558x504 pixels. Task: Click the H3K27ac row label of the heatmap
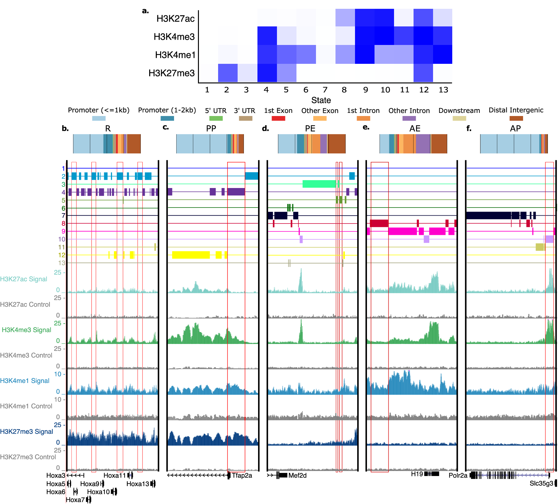coord(175,19)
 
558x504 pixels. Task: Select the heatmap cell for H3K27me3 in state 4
coord(267,73)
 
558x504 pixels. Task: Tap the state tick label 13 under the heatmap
coord(443,90)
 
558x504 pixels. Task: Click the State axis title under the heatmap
coord(321,100)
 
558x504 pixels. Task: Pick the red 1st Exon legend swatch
coord(278,119)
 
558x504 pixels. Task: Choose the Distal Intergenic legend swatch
coord(516,119)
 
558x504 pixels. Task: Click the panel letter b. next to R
coord(65,129)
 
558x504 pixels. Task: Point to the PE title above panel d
coord(310,129)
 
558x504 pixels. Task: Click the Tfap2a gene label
coord(242,475)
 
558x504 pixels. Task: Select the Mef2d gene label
coord(297,475)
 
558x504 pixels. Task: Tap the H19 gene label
coord(417,474)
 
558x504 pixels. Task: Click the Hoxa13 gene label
coord(138,484)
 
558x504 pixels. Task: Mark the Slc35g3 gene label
coord(541,483)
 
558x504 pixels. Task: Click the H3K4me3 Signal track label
coord(26,330)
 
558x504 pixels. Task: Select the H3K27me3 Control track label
coord(28,457)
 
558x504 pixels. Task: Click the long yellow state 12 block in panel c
coord(191,255)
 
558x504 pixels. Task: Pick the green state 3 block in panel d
coord(319,184)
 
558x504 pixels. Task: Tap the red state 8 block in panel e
coord(379,223)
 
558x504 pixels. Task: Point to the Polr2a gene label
coord(458,475)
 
